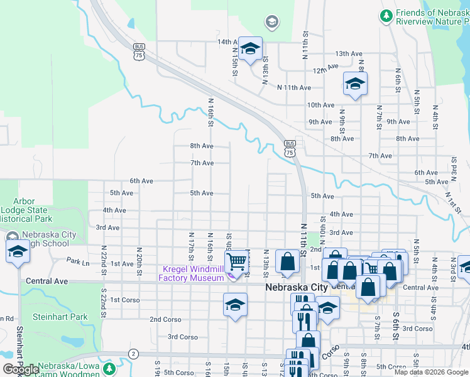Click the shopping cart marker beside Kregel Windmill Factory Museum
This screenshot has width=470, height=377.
pyautogui.click(x=236, y=261)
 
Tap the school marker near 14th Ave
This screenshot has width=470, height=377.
pyautogui.click(x=250, y=48)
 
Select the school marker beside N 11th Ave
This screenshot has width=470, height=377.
pyautogui.click(x=355, y=84)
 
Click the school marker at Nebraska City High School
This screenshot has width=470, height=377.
pyautogui.click(x=18, y=251)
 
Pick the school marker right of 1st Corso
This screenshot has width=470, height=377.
pyautogui.click(x=235, y=305)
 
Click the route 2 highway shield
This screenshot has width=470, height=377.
pyautogui.click(x=133, y=354)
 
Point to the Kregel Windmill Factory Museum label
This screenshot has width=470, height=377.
pyautogui.click(x=191, y=273)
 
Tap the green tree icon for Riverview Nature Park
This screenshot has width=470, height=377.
pyautogui.click(x=386, y=15)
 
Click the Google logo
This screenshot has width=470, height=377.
pyautogui.click(x=21, y=369)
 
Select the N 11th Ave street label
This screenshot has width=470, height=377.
pyautogui.click(x=294, y=88)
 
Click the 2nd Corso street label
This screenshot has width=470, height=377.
pyautogui.click(x=165, y=319)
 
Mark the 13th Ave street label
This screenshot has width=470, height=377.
pyautogui.click(x=351, y=54)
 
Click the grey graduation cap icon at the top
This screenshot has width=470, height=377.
pyautogui.click(x=271, y=23)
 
